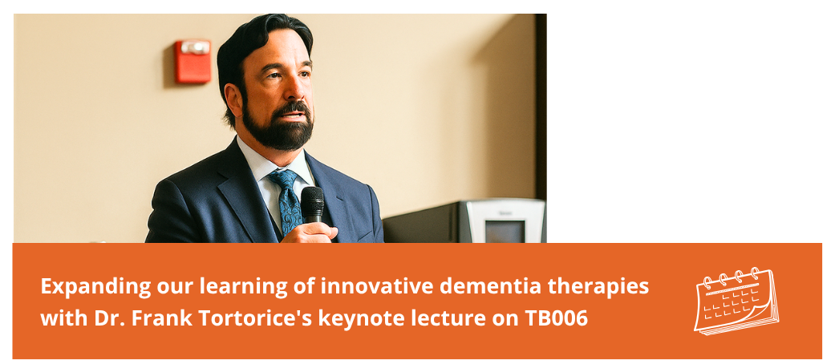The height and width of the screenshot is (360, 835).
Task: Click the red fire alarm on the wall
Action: [x=193, y=61]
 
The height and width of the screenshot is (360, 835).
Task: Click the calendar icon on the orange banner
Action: [x=736, y=301]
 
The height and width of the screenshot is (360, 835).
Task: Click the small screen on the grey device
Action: [x=504, y=231]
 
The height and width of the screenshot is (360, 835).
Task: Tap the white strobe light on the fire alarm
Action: [x=195, y=47]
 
